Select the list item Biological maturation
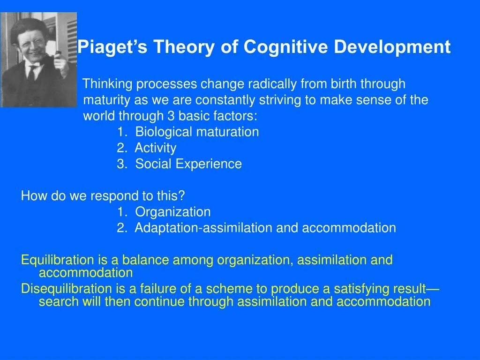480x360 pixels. coord(197,132)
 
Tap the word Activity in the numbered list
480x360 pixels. coord(156,148)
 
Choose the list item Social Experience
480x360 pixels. coord(188,164)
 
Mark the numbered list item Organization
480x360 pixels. coord(173,212)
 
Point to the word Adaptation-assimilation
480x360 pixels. coord(204,228)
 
